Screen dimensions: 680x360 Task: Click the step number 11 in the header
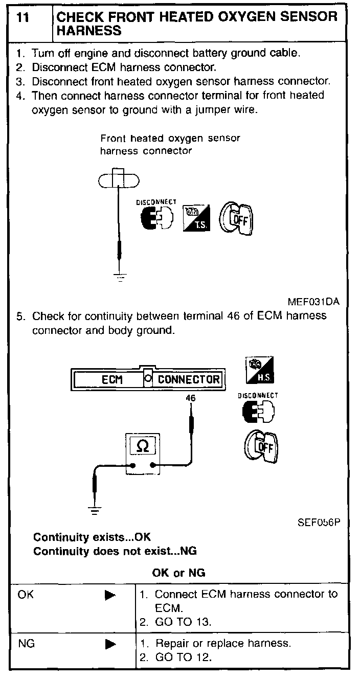pyautogui.click(x=22, y=17)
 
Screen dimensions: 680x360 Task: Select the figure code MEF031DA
pyautogui.click(x=313, y=302)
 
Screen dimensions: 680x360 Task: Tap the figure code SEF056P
pyautogui.click(x=318, y=523)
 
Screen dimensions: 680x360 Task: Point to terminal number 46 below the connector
pyautogui.click(x=190, y=397)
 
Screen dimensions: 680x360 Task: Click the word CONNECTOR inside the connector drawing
pyautogui.click(x=188, y=379)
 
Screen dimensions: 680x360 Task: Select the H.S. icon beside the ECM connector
pyautogui.click(x=259, y=370)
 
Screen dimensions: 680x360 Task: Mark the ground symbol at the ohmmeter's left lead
pyautogui.click(x=94, y=509)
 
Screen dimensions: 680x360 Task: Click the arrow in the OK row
pyautogui.click(x=110, y=595)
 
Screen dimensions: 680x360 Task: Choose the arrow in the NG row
pyautogui.click(x=110, y=644)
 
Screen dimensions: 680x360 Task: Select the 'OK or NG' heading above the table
pyautogui.click(x=178, y=573)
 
